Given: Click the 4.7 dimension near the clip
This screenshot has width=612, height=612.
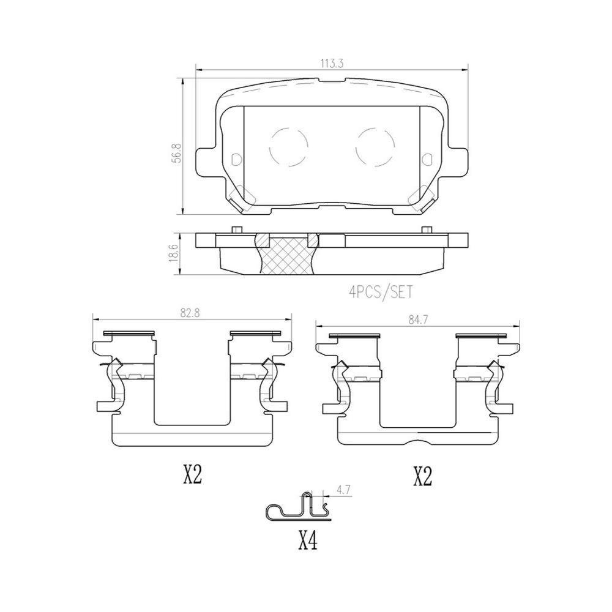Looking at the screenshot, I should click(x=343, y=490).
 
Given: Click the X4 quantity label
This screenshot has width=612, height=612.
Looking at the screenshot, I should click(x=308, y=541).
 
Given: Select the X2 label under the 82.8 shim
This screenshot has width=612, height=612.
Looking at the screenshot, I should click(x=192, y=475).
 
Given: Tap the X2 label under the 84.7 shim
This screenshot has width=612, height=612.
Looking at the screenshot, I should click(x=422, y=476).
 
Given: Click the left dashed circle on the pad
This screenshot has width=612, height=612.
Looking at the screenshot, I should click(x=287, y=147).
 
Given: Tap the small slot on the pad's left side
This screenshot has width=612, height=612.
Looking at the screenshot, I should click(x=237, y=159).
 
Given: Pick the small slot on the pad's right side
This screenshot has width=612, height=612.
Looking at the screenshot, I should click(x=426, y=159).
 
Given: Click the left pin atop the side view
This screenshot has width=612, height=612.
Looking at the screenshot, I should click(x=235, y=229).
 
